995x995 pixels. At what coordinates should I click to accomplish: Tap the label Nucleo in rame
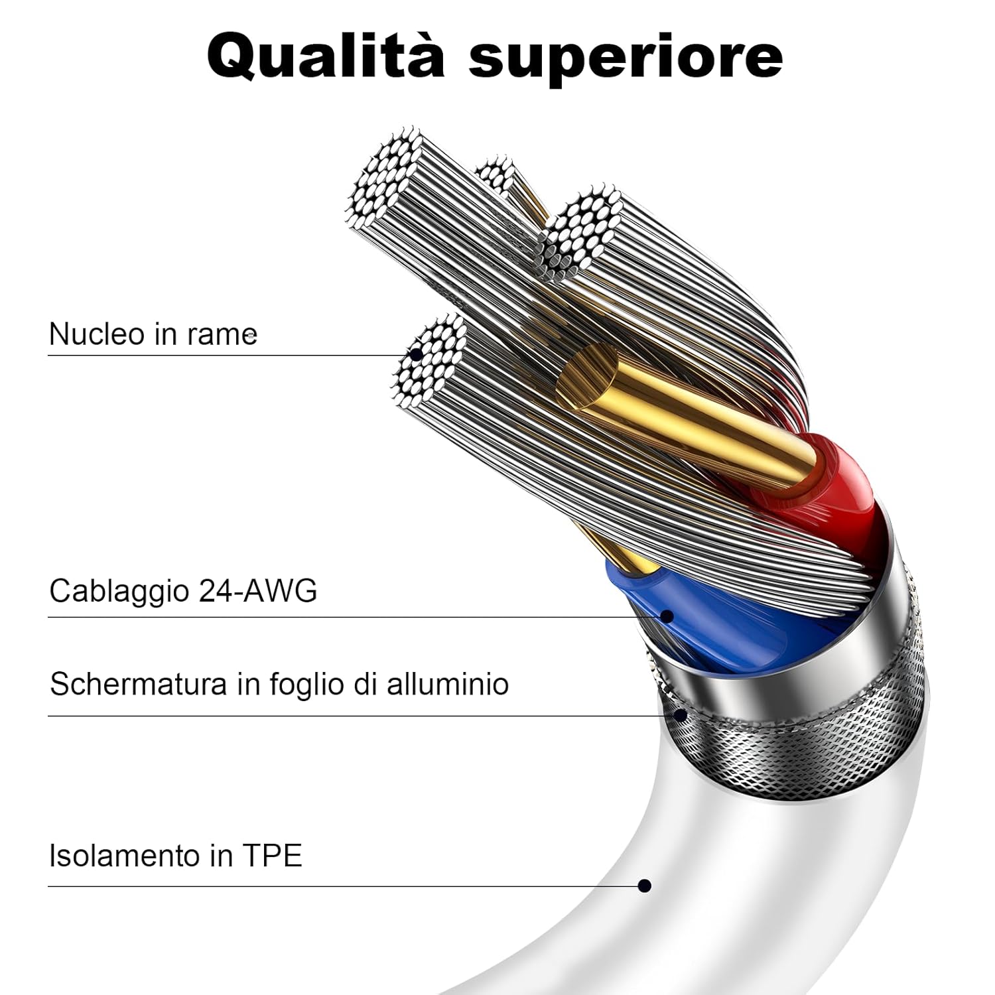(x=153, y=334)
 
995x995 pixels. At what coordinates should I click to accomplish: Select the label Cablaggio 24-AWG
(x=183, y=590)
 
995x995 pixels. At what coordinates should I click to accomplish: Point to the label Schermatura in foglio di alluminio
(x=279, y=684)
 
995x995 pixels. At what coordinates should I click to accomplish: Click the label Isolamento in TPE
(x=175, y=856)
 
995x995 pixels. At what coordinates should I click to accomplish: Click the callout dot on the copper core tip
(x=416, y=354)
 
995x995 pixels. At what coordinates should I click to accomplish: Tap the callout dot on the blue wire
(x=667, y=616)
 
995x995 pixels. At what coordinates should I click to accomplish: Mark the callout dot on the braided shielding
(x=681, y=715)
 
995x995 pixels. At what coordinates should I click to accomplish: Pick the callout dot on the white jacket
(x=644, y=886)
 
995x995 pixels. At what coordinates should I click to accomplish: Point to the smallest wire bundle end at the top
(x=495, y=174)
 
